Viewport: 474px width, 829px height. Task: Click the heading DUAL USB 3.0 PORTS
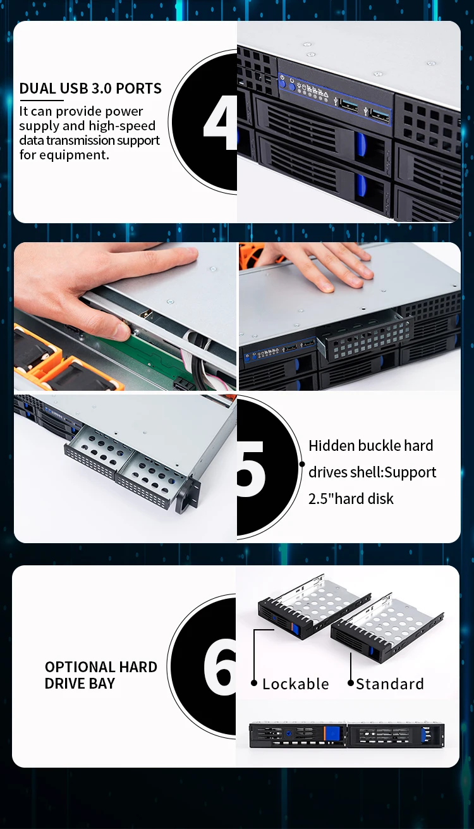(x=90, y=89)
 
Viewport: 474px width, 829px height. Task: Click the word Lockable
(x=295, y=684)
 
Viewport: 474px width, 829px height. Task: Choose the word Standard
(x=389, y=684)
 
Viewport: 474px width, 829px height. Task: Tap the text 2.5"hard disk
(x=351, y=498)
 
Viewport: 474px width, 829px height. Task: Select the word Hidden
(x=331, y=446)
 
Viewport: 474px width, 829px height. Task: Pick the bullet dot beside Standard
(x=351, y=684)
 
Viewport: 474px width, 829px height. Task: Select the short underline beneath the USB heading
(x=42, y=100)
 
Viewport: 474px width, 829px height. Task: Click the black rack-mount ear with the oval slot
(x=187, y=497)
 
